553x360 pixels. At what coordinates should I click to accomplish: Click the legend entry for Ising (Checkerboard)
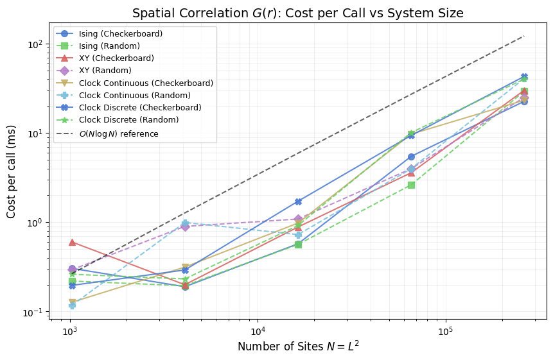[x=120, y=33]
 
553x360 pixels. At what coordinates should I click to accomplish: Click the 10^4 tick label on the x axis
[x=257, y=330]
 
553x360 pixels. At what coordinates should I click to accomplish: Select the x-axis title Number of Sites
[x=297, y=347]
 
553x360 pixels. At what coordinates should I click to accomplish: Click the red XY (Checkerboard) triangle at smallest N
[x=72, y=242]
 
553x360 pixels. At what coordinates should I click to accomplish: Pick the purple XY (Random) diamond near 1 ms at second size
[x=185, y=227]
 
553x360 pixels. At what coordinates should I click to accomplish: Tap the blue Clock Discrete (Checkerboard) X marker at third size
[x=298, y=201]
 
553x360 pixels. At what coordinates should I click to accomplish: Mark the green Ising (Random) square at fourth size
[x=411, y=185]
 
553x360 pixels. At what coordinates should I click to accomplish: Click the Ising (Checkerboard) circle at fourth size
[x=411, y=157]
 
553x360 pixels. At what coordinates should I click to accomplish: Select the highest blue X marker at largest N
[x=524, y=77]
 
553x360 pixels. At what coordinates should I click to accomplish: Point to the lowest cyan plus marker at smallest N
[x=72, y=305]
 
